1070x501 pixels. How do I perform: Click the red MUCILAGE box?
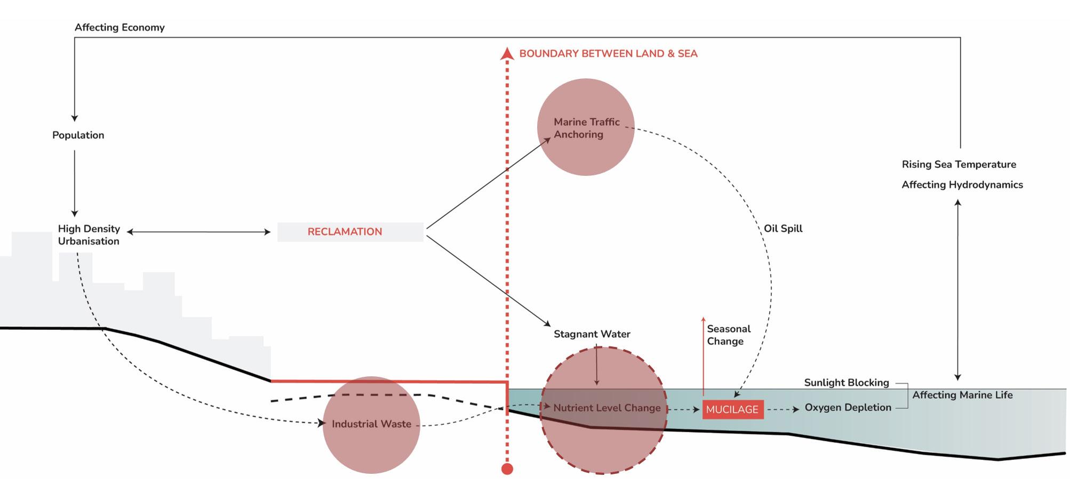tap(732, 409)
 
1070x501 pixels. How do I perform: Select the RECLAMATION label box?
tap(350, 232)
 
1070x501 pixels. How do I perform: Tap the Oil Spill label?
tap(782, 228)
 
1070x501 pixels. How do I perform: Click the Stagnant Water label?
tap(592, 334)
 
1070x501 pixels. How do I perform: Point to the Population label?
tap(78, 135)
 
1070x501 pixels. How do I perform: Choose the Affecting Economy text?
tap(119, 27)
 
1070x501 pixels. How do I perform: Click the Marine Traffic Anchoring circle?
tap(586, 127)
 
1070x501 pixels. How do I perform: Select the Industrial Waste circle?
tap(371, 425)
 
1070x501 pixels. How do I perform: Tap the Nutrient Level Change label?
tap(606, 408)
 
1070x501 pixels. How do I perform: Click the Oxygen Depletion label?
tap(848, 407)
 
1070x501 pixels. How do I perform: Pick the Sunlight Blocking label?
tap(846, 382)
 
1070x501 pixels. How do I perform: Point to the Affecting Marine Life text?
tap(962, 395)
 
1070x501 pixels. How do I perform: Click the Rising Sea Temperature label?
tap(959, 164)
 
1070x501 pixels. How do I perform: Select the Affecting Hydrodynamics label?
tap(962, 184)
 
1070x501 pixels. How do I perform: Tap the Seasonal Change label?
tap(728, 335)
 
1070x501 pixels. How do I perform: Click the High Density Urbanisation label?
tap(89, 235)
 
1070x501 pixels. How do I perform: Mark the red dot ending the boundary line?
tap(507, 469)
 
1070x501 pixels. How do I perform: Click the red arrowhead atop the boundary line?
tap(507, 53)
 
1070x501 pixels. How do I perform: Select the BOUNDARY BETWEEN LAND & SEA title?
tap(608, 53)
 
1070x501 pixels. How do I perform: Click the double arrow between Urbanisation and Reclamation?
tap(198, 232)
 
